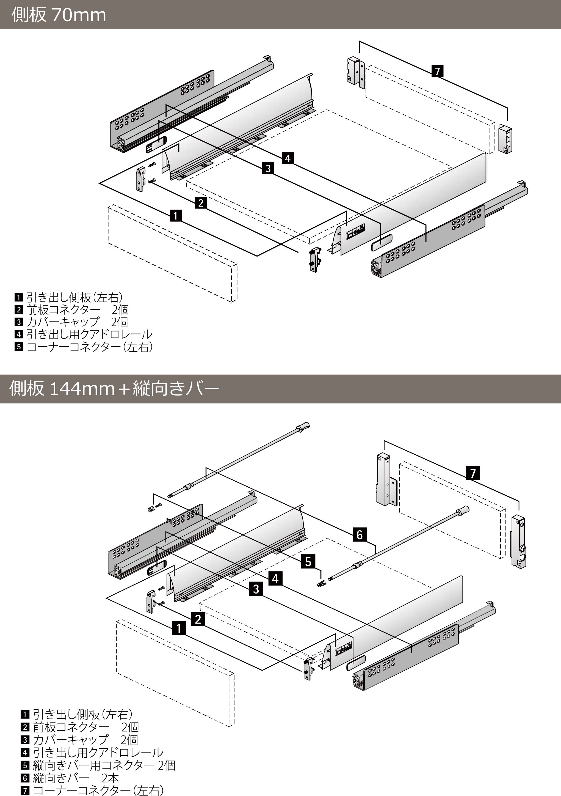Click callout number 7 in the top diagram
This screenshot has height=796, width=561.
click(438, 71)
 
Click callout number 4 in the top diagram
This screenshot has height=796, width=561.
click(288, 158)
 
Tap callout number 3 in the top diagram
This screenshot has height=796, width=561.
click(268, 169)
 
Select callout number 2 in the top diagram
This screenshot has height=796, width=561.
click(201, 202)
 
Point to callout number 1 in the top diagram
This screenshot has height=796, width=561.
click(176, 216)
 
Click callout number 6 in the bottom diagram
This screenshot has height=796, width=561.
click(360, 535)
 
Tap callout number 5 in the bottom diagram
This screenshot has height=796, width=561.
click(308, 561)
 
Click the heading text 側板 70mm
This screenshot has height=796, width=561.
click(59, 15)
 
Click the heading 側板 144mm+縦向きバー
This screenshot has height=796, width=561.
click(114, 388)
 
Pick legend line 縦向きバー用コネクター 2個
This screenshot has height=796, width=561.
click(104, 765)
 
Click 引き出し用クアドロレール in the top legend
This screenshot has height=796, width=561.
click(89, 334)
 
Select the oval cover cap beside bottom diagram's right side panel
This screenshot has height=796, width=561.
click(356, 662)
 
